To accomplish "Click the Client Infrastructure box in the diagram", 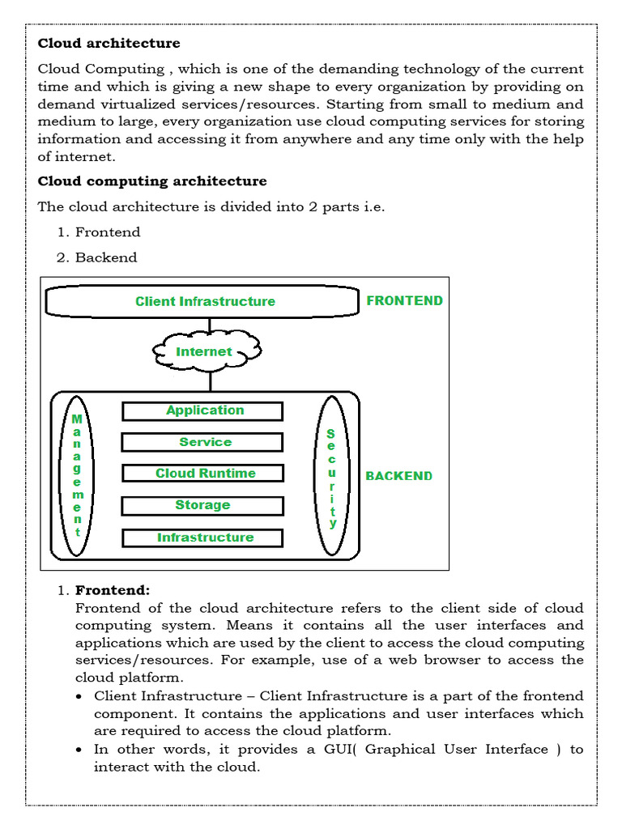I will pos(202,301).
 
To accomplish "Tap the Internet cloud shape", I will pos(206,351).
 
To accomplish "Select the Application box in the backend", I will pos(202,410).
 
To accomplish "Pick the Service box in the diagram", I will pos(202,442).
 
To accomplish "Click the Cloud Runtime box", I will pos(202,474).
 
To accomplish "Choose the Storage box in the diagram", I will pos(202,505).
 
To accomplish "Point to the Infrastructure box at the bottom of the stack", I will pos(202,538).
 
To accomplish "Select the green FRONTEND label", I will pos(404,300).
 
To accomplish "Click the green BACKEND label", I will pos(398,476).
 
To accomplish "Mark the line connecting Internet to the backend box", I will pos(210,380).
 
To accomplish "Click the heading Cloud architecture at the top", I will pos(109,43).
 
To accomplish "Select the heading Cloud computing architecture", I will pos(152,181).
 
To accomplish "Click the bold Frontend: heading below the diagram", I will pos(113,590).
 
